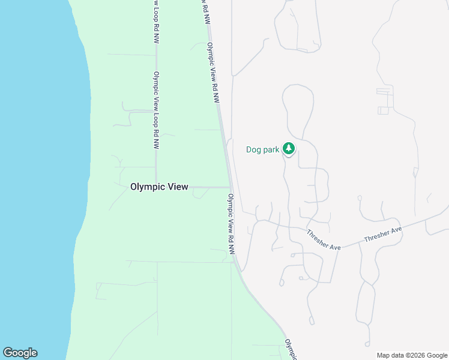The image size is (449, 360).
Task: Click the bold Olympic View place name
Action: click(159, 187)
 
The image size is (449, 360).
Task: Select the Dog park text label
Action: click(262, 149)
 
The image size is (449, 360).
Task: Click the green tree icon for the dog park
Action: click(289, 148)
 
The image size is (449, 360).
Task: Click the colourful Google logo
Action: click(20, 353)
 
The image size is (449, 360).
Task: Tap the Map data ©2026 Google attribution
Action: click(412, 355)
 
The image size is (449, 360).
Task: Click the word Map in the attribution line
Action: click(384, 355)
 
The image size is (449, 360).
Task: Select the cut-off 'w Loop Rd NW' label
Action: click(155, 21)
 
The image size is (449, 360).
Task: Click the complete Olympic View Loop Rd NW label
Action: click(155, 110)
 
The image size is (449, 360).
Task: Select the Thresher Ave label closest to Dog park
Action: click(324, 240)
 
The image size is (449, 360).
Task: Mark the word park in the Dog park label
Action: click(271, 149)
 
